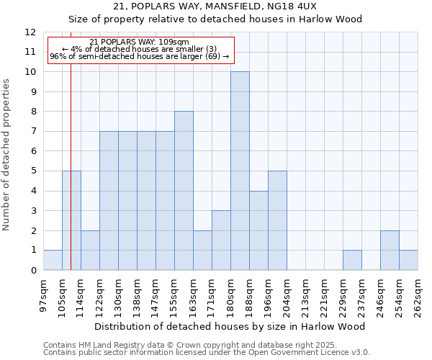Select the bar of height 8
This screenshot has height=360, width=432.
click(184, 191)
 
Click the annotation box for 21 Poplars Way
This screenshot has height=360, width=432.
click(140, 50)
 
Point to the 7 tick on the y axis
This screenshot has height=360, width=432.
click(33, 132)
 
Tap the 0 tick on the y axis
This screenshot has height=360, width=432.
click(33, 270)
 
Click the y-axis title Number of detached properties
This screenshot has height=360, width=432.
click(7, 155)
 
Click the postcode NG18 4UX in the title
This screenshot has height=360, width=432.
click(287, 6)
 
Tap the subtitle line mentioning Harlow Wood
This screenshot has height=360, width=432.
click(215, 19)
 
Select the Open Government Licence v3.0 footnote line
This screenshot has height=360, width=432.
click(207, 352)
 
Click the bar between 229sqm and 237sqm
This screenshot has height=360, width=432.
click(352, 260)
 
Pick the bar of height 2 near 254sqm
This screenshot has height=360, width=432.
click(390, 250)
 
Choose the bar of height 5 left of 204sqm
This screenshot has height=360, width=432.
click(277, 220)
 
